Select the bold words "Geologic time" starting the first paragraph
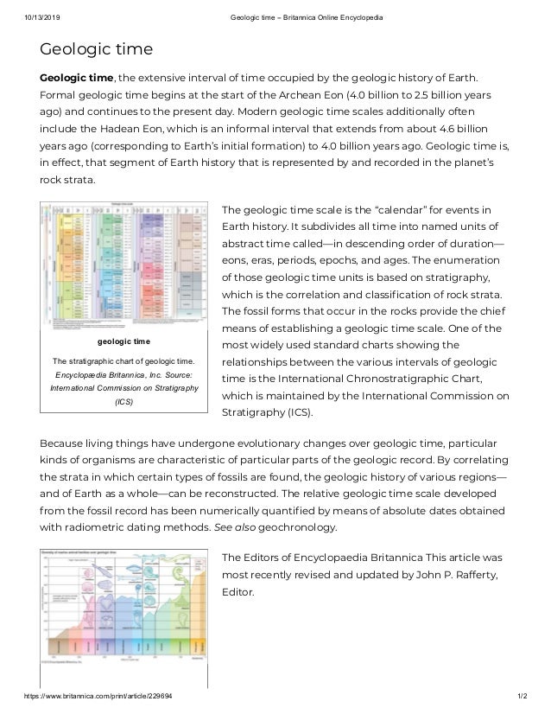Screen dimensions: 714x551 (78, 80)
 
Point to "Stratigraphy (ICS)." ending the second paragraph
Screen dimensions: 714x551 (270, 411)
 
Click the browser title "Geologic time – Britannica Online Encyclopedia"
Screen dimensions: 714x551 (301, 18)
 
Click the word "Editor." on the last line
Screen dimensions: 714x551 (238, 593)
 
